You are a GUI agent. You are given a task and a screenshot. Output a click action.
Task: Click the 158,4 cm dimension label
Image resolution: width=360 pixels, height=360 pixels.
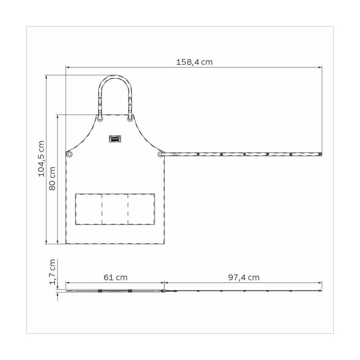(194, 62)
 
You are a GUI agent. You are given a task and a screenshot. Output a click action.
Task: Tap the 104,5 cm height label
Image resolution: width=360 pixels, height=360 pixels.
(41, 158)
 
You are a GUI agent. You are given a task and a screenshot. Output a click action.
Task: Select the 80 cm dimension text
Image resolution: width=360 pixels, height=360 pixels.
(52, 178)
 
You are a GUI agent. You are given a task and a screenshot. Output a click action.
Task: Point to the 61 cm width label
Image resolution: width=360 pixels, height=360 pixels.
(115, 277)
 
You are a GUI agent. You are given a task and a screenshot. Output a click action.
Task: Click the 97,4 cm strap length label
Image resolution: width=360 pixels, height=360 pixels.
(244, 277)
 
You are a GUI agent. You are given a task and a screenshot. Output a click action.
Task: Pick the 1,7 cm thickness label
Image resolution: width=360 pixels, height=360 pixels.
(52, 272)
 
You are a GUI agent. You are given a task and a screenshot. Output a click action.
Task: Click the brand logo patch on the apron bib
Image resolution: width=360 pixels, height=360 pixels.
(115, 139)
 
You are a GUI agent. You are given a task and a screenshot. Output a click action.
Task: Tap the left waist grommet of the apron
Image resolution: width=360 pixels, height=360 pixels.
(69, 154)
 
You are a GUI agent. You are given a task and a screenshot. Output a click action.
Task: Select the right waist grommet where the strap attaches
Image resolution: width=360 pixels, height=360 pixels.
(160, 154)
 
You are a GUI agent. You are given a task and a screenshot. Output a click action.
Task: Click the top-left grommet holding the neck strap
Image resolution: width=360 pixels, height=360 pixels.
(100, 119)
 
